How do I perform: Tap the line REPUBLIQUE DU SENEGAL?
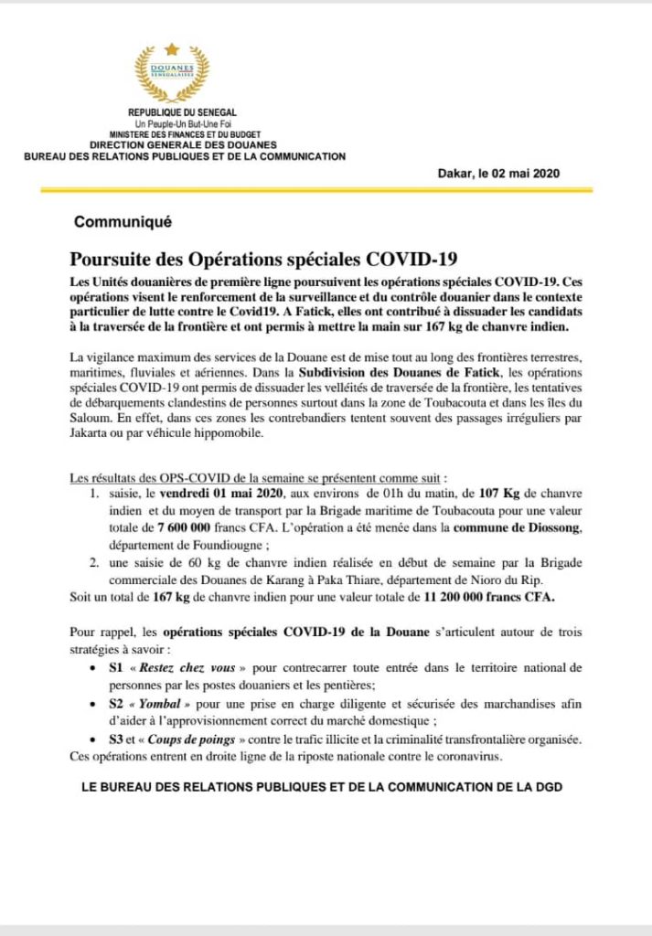(x=172, y=112)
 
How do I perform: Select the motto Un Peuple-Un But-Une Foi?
(x=172, y=123)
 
